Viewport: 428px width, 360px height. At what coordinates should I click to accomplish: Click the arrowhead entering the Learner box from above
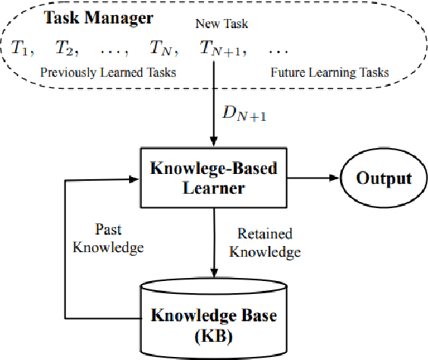click(x=213, y=145)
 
